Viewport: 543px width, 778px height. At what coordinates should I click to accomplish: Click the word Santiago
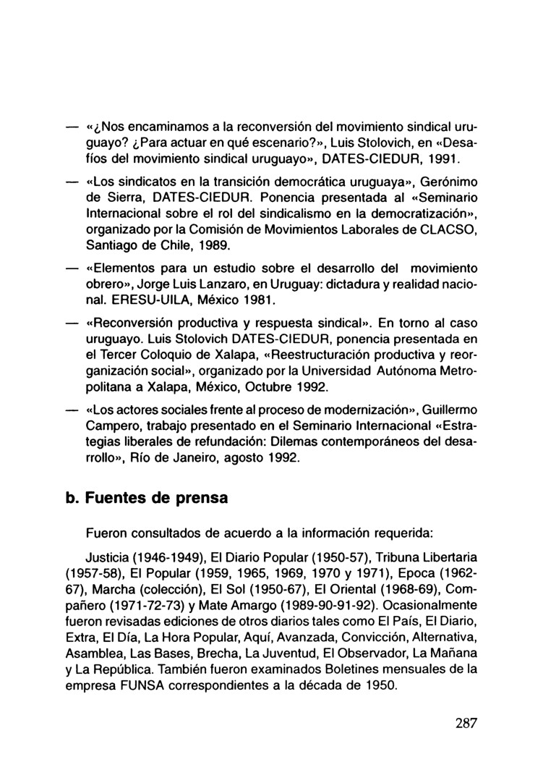pos(110,245)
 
